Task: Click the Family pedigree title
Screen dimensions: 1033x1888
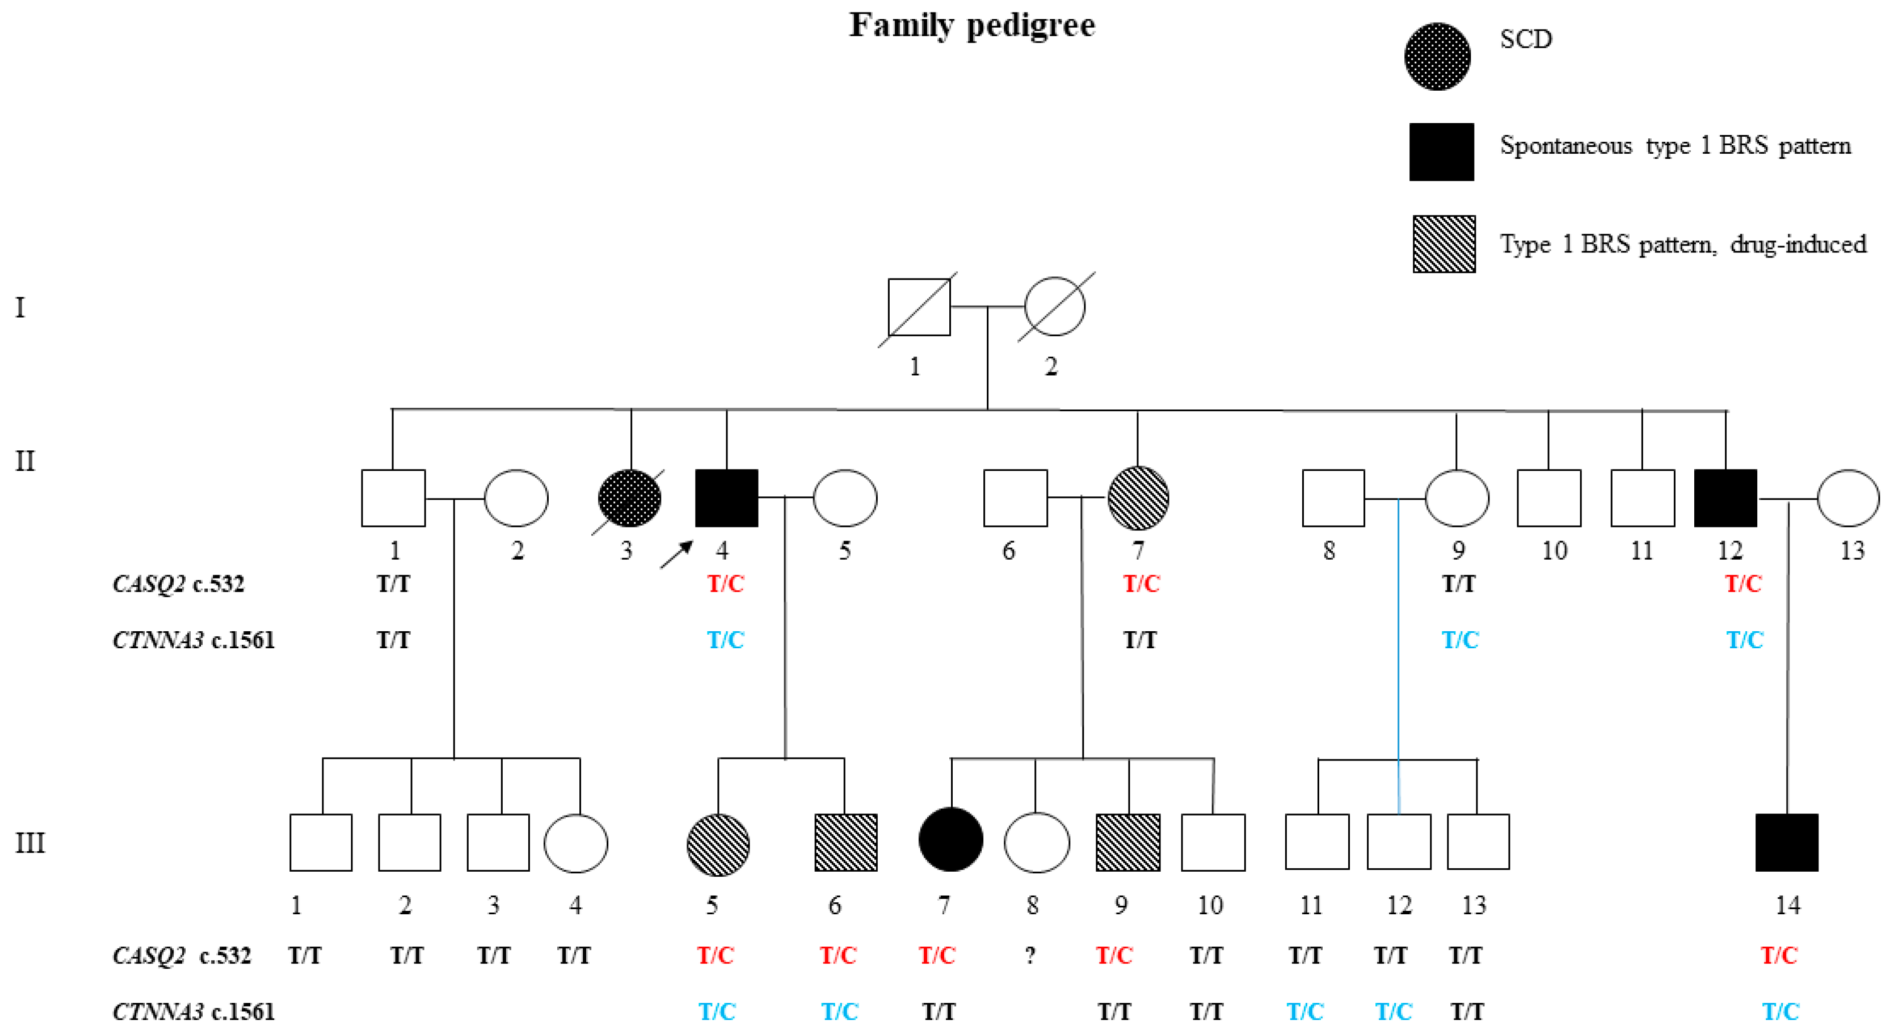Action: [972, 26]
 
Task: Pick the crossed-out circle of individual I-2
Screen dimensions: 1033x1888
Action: [1055, 307]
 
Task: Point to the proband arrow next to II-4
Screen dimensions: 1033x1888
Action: [676, 554]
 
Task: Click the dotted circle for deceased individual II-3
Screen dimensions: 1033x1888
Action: [629, 498]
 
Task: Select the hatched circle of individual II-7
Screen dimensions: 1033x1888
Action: [1138, 498]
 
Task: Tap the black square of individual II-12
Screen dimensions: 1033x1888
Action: [1725, 498]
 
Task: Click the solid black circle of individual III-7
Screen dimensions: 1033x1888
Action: [951, 840]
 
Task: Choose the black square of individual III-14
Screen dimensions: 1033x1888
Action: [1786, 843]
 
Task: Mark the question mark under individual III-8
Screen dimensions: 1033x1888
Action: [1030, 955]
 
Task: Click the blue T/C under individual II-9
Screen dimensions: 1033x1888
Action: [1459, 640]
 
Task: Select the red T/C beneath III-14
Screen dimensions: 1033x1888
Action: [1779, 955]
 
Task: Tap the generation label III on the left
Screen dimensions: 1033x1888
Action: [30, 843]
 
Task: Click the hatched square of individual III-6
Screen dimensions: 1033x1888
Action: [846, 843]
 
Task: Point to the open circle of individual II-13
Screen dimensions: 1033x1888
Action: [1847, 498]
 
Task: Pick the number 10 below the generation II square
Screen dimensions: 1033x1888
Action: [1554, 551]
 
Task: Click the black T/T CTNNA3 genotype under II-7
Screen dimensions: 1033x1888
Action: [1140, 640]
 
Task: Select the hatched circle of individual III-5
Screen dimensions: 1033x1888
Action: [718, 845]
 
